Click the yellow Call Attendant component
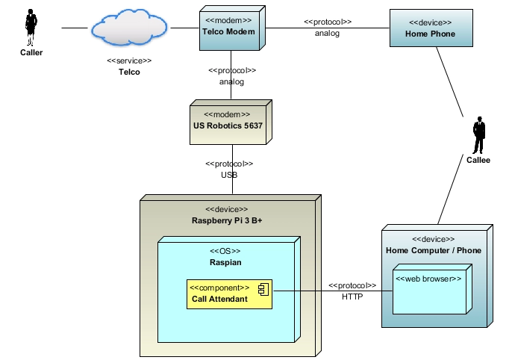[x=229, y=294]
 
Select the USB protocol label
[x=228, y=175]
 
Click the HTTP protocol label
[x=352, y=297]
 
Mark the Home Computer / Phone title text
[x=433, y=250]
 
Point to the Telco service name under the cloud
[x=129, y=72]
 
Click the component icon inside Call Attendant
[x=263, y=288]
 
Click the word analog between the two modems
[x=231, y=82]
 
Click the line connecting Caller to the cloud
[x=75, y=28]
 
